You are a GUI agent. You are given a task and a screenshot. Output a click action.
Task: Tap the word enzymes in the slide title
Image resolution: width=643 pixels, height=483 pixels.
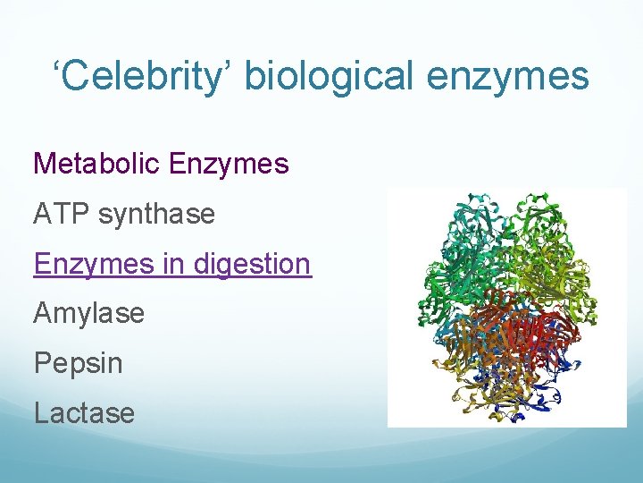tap(509, 76)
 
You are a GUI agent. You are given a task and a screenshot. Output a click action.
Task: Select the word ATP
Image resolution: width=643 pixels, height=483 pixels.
tap(59, 214)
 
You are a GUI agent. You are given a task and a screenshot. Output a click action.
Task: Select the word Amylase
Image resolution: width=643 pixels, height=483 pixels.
tap(88, 314)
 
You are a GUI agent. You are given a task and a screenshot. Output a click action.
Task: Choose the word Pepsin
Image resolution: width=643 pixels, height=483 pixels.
tap(78, 363)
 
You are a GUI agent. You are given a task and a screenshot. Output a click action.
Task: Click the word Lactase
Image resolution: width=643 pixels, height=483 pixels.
tap(84, 413)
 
